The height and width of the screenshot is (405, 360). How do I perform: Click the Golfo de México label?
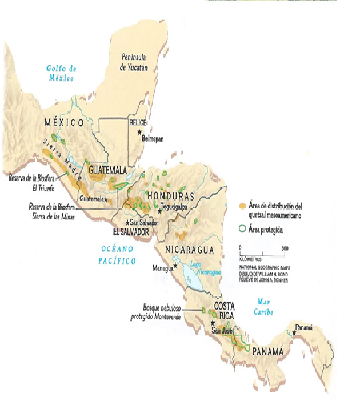[62, 73]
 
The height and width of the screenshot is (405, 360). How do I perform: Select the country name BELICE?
[138, 122]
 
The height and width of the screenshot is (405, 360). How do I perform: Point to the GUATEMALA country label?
[107, 170]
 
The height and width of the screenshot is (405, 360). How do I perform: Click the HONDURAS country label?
[171, 195]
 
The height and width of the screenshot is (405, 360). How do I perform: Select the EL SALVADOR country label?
[131, 232]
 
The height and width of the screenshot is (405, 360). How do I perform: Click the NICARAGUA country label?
[189, 250]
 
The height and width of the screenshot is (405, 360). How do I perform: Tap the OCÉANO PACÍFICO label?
[117, 255]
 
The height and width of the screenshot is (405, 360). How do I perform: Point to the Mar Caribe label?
[265, 307]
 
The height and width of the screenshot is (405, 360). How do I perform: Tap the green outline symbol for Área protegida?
[243, 228]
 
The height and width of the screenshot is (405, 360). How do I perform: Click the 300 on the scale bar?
[283, 248]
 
